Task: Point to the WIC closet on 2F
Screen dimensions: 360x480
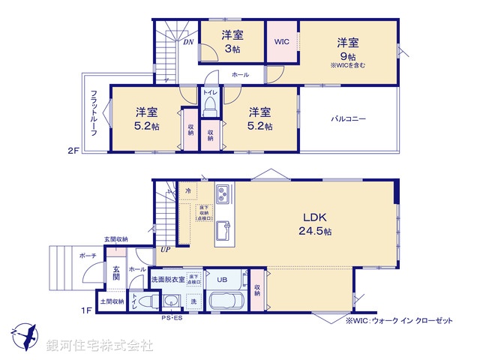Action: click(282, 42)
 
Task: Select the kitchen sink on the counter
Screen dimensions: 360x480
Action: click(224, 229)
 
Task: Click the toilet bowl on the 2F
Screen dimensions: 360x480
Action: click(210, 104)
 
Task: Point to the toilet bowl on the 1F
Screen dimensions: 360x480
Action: click(149, 302)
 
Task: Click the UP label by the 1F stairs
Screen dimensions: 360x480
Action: click(163, 250)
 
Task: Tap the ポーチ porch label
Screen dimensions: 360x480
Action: click(88, 255)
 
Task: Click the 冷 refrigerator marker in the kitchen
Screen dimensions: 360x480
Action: click(188, 192)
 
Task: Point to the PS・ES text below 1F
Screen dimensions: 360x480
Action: click(172, 319)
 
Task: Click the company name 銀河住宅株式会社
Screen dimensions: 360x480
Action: click(99, 346)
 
